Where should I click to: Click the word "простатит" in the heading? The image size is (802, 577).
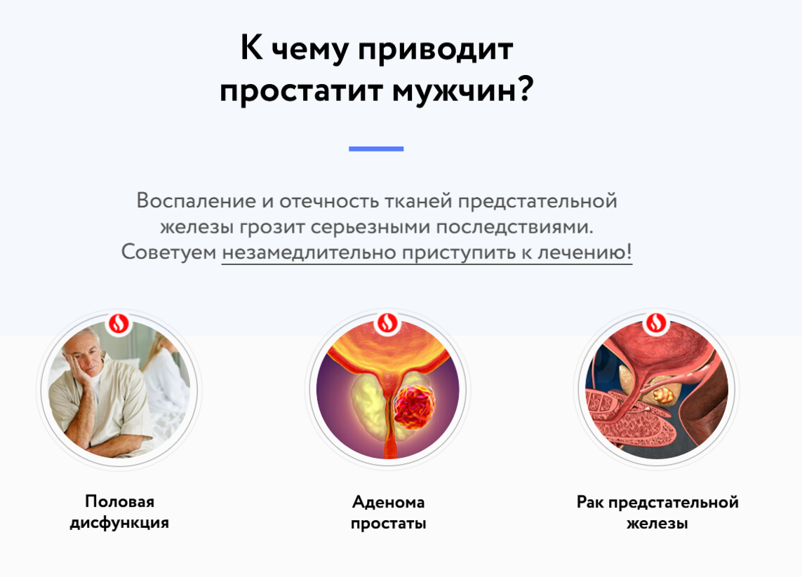(x=301, y=90)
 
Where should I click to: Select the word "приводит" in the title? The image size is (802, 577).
(x=435, y=50)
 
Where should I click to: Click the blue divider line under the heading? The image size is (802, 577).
(x=376, y=149)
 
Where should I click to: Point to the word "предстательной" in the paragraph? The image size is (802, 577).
(x=537, y=201)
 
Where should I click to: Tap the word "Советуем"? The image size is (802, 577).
(x=169, y=252)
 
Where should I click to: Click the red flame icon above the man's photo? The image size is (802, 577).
(x=119, y=323)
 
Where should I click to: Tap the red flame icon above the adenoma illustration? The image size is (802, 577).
(x=387, y=323)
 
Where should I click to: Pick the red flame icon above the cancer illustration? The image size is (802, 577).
(x=656, y=323)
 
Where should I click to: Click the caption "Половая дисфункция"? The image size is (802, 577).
(x=120, y=512)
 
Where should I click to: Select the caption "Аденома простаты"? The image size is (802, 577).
(x=388, y=512)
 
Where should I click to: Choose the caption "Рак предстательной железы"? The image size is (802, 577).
(x=657, y=512)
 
